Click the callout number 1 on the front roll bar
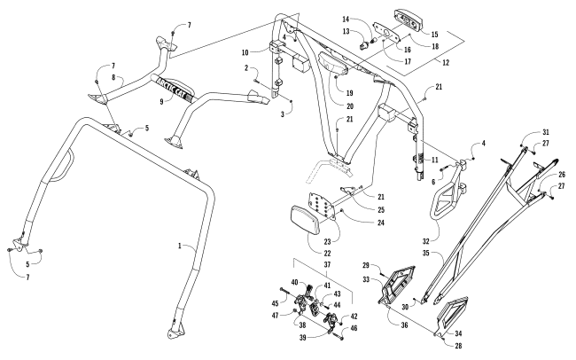(180, 246)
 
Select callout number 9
(161, 101)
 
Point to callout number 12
(445, 63)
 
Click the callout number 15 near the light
(434, 35)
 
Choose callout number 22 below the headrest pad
(327, 254)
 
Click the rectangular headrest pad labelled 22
(305, 220)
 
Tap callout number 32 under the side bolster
(425, 241)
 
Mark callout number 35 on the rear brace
(425, 253)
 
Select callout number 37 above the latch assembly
(327, 264)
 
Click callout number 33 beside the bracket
(366, 279)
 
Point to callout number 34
(458, 333)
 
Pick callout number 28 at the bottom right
(458, 345)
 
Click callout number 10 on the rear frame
(245, 52)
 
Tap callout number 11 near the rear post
(435, 160)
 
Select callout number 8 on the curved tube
(113, 77)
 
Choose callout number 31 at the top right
(546, 132)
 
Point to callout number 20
(350, 106)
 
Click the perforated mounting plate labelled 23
(323, 205)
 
